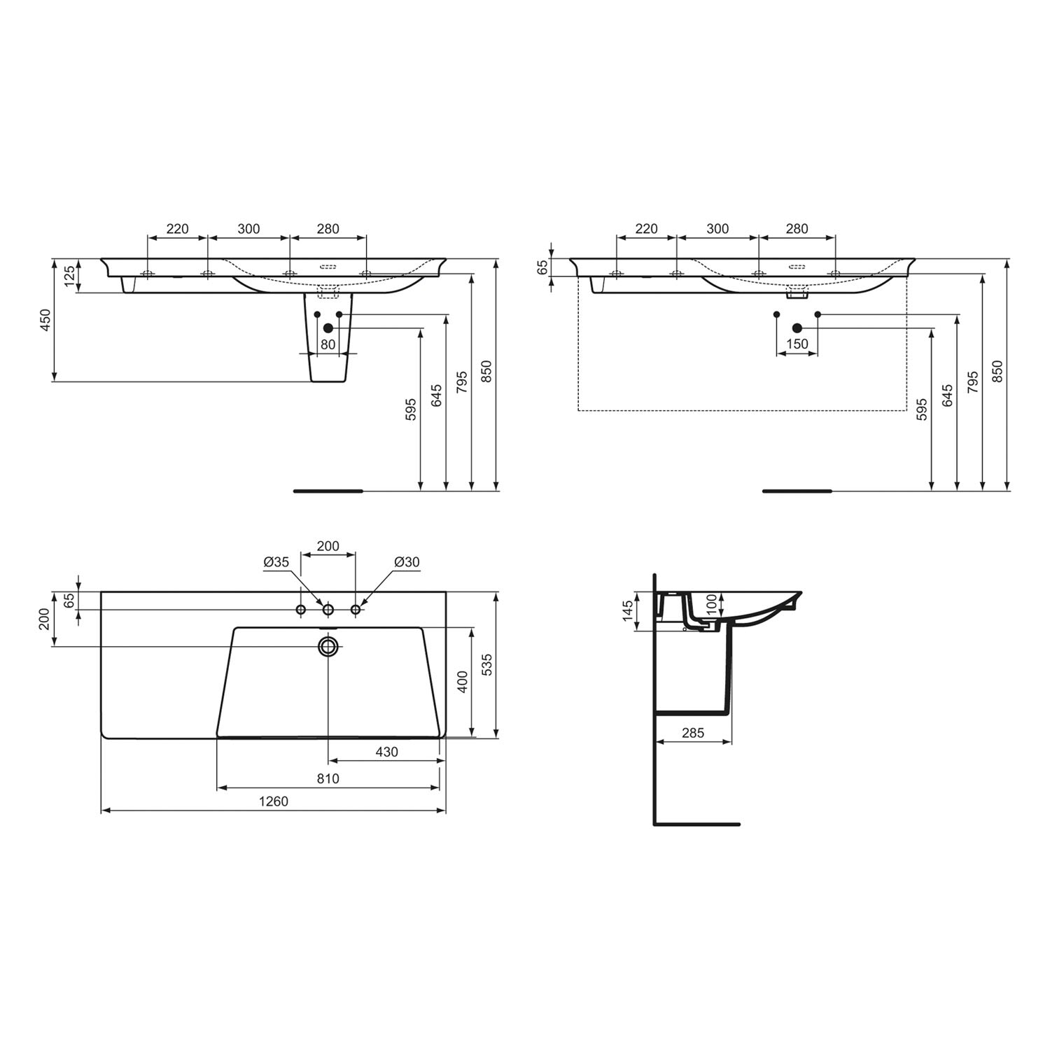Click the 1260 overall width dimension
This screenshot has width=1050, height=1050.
click(x=274, y=801)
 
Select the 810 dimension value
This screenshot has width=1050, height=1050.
click(x=328, y=778)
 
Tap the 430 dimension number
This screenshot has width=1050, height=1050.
click(x=386, y=752)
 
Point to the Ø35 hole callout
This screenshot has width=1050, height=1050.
click(x=276, y=562)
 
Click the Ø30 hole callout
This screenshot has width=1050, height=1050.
click(x=407, y=562)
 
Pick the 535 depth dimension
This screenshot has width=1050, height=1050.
click(x=487, y=665)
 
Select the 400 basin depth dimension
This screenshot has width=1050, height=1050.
click(x=462, y=681)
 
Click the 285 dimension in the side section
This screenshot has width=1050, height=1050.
click(x=692, y=733)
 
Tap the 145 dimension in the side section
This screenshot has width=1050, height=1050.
click(x=628, y=610)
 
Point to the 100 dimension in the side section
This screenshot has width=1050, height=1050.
click(x=711, y=605)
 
